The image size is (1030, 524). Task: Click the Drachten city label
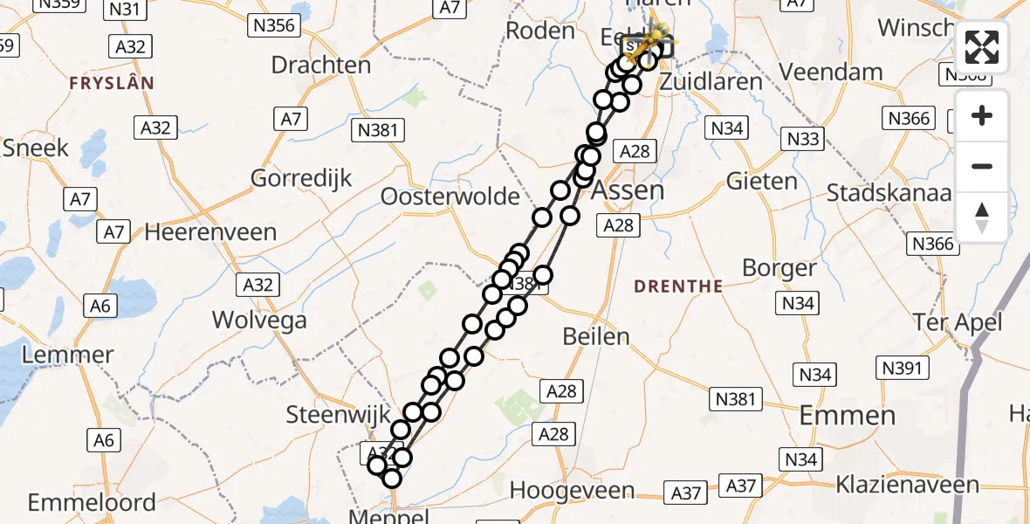pos(320,65)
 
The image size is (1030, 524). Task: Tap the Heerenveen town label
pos(210,233)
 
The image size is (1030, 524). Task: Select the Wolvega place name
pos(260,320)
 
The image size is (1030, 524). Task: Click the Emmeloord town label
pos(92,503)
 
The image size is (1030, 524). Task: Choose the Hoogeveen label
pos(572,490)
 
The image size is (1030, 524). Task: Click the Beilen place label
pos(596,336)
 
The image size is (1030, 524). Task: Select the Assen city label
pos(628,190)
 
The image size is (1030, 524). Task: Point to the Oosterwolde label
pos(450,196)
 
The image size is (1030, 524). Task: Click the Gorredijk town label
pos(301,178)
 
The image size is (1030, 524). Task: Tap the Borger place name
pos(779,268)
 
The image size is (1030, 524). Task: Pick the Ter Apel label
pos(958,322)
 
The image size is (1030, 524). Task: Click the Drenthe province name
pos(678,286)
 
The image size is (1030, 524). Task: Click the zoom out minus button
pos(982,166)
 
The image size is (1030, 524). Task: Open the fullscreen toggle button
pos(982,46)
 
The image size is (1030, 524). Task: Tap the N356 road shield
pos(274,25)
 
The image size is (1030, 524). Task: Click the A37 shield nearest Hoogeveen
pos(686,493)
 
